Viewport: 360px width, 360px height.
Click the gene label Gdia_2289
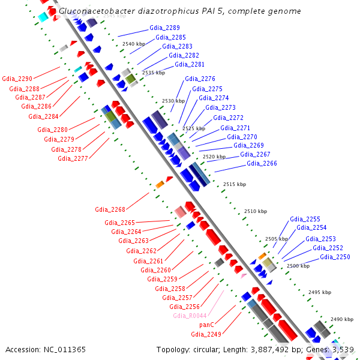coord(164,28)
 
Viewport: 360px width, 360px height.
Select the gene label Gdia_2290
coord(17,79)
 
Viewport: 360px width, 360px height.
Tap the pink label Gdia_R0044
coord(190,316)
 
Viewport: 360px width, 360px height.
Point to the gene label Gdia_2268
coord(110,210)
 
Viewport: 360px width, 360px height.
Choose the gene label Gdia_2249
coord(206,334)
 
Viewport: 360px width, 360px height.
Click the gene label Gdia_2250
coord(335,257)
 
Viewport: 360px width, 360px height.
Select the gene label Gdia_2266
coord(262,164)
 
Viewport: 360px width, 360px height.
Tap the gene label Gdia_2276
coord(200,79)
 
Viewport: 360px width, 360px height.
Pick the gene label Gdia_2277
coord(73,159)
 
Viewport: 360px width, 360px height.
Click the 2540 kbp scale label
coord(133,44)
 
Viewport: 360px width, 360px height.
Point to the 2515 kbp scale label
coord(234,184)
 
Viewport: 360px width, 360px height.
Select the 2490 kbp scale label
coord(342,319)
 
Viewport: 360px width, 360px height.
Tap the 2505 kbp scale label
coord(277,239)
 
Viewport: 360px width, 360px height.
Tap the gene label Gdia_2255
coord(305,220)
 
